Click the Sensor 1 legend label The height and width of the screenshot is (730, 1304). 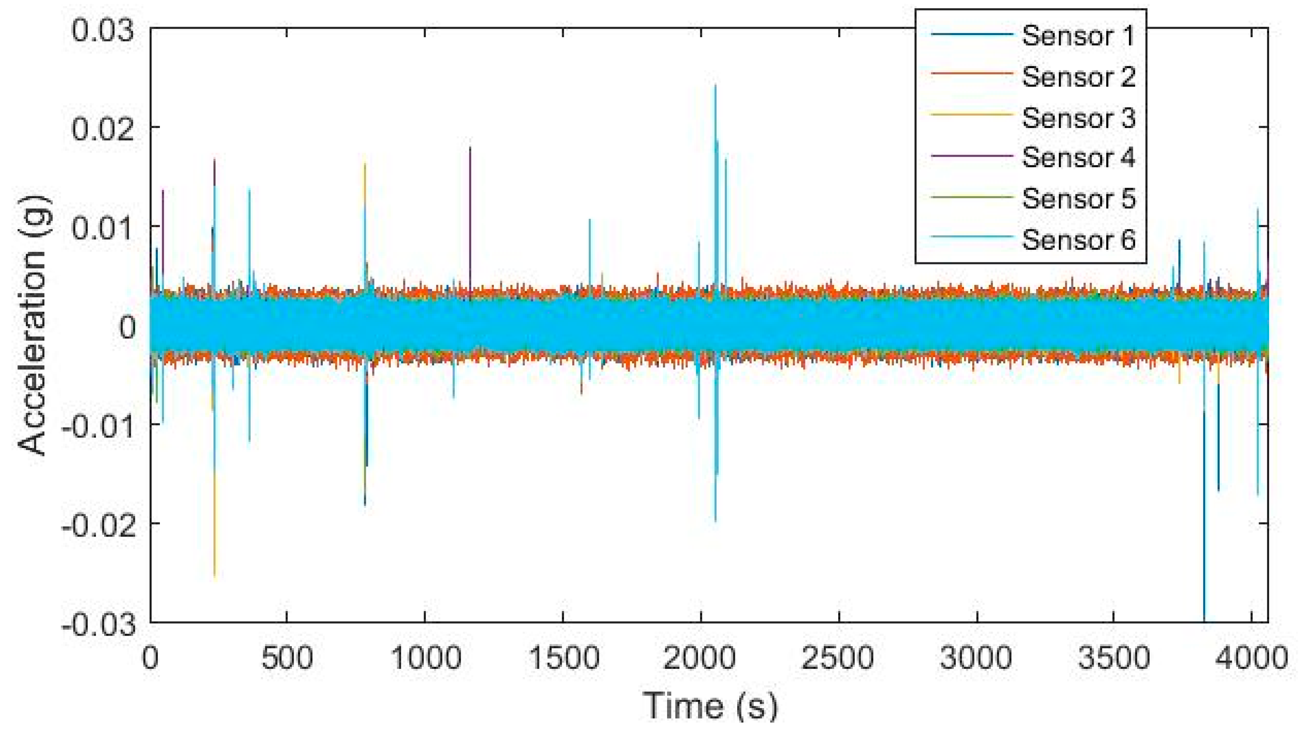pos(1078,36)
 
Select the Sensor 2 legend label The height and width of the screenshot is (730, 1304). pos(1078,77)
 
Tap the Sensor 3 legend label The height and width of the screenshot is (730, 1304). pos(1078,118)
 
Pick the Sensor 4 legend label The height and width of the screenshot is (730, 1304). pos(1078,157)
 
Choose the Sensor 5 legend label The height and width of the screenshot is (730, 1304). pos(1078,199)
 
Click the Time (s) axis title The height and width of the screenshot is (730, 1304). pos(710,706)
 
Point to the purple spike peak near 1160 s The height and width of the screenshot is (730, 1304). pos(470,147)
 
